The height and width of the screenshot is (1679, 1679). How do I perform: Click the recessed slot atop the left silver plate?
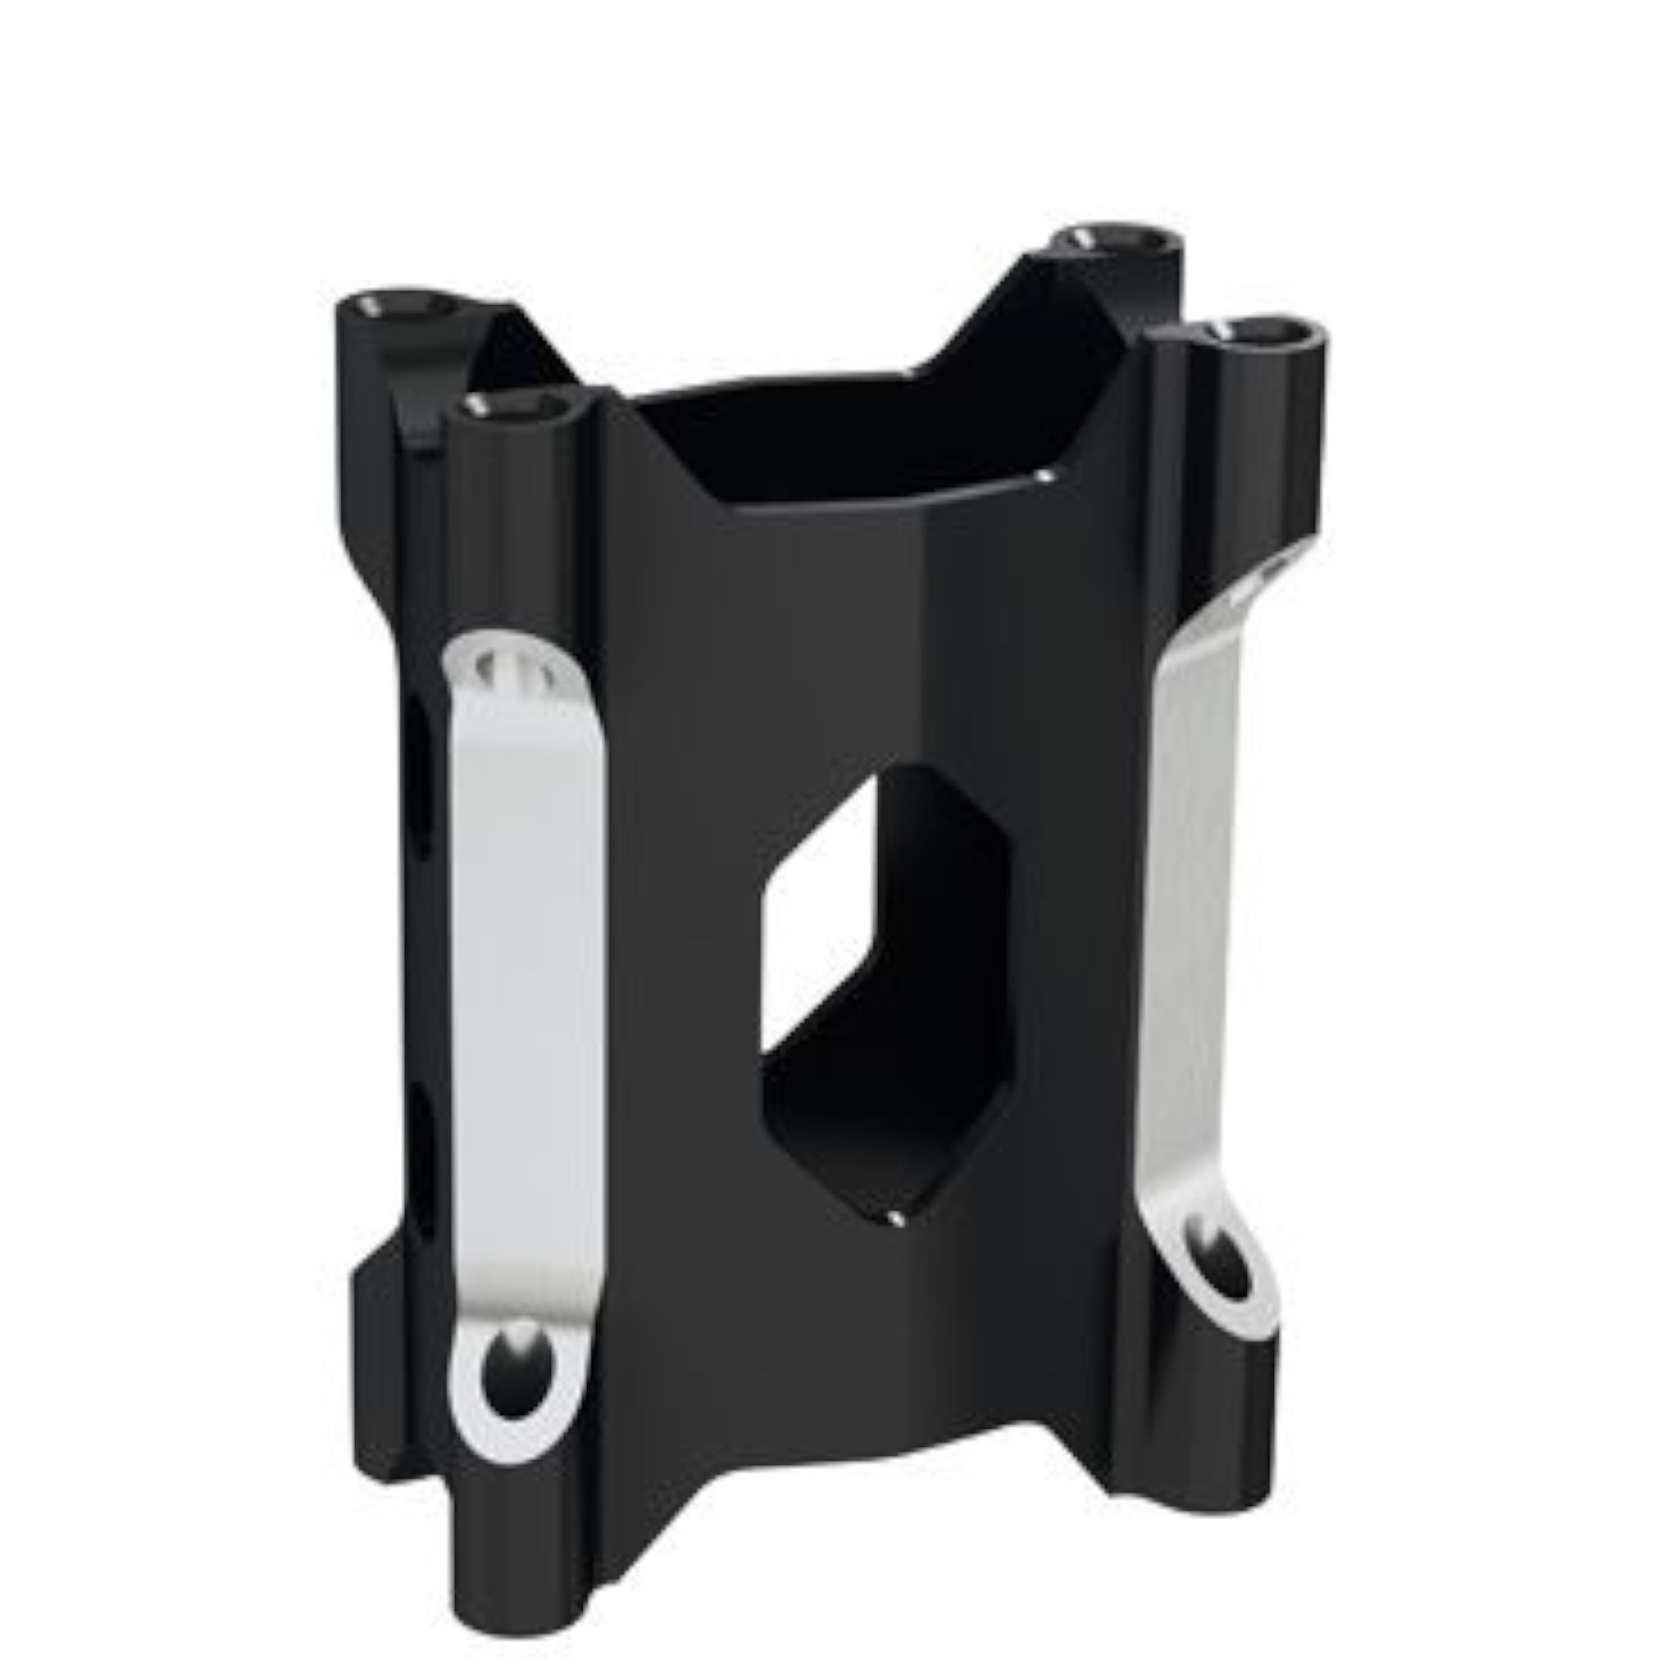tap(522, 669)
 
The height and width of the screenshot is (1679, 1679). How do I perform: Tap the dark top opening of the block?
tap(834, 434)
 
